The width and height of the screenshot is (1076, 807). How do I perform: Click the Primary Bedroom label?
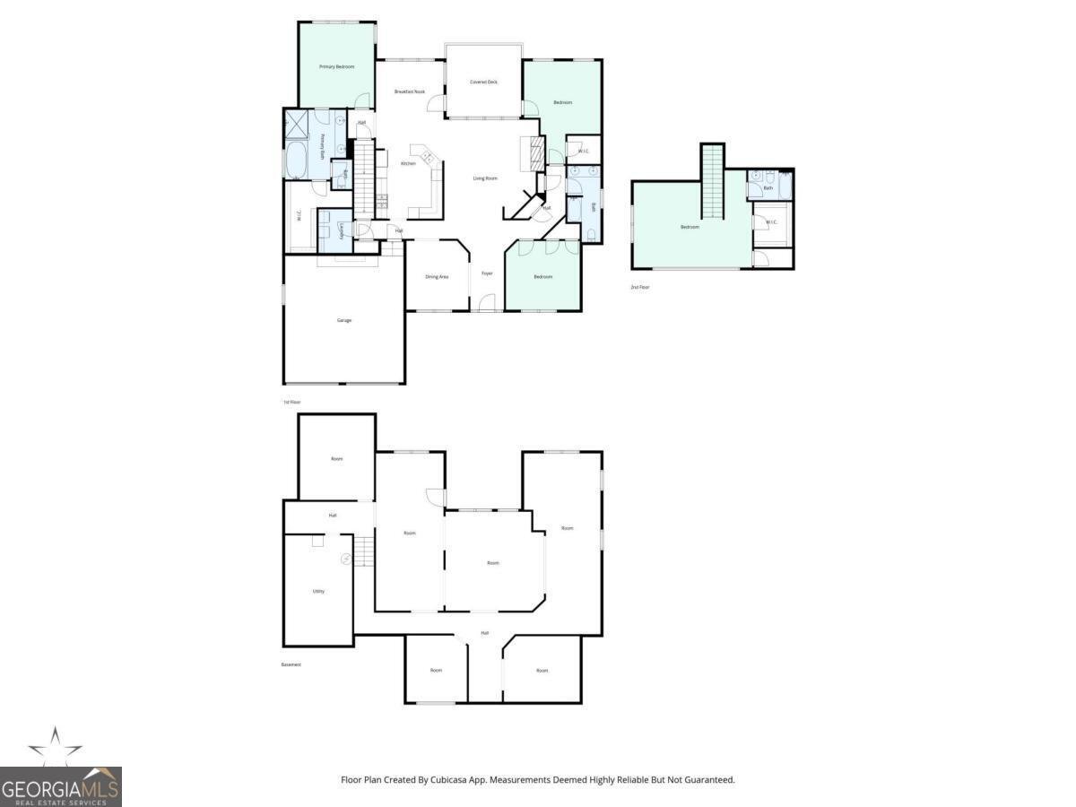[x=337, y=67]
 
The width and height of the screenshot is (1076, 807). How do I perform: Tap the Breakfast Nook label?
[x=410, y=91]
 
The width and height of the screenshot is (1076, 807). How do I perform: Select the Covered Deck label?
[x=483, y=82]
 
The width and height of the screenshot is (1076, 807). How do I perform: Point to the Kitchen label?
[x=408, y=163]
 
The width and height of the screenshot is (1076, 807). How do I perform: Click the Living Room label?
[x=485, y=178]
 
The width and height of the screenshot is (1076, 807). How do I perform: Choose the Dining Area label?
[x=437, y=277]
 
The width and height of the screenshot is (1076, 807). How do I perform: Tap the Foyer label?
[x=487, y=273]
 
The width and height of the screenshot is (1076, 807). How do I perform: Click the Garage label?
[x=343, y=320]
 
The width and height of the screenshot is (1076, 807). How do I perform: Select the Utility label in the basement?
[x=318, y=592]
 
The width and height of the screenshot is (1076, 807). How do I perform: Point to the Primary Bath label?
[x=323, y=147]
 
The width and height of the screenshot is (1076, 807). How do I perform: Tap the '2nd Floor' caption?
[x=639, y=287]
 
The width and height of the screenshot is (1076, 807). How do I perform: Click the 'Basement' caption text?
[x=291, y=664]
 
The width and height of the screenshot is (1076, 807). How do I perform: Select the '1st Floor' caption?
[x=291, y=402]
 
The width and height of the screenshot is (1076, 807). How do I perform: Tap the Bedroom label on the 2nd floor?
[x=689, y=227]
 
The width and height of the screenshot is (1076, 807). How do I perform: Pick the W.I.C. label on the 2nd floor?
[x=771, y=222]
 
